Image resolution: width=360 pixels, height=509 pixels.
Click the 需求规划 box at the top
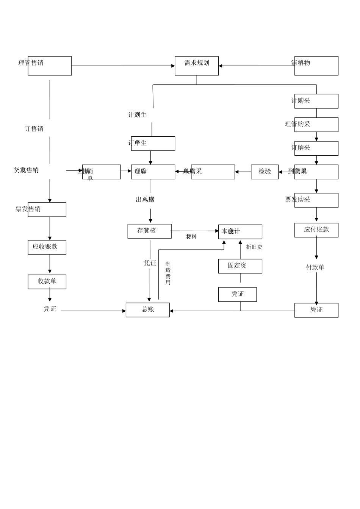[196, 66]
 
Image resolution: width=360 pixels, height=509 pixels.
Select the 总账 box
[147, 310]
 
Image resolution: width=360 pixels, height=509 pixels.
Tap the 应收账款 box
[47, 247]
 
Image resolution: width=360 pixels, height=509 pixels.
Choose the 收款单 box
[47, 282]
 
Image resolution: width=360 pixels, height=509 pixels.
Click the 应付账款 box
[316, 230]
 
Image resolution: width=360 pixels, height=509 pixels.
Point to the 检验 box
[265, 172]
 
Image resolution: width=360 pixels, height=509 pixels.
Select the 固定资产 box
[240, 266]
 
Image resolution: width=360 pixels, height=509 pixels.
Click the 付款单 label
[315, 267]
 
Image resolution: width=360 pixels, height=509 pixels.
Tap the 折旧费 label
[254, 247]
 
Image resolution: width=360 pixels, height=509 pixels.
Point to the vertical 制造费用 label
[168, 273]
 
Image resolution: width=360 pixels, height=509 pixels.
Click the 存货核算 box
[149, 231]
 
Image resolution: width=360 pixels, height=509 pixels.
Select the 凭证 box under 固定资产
[237, 294]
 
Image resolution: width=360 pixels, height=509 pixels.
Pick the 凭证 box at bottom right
[316, 310]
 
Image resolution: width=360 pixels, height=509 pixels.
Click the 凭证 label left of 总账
[50, 309]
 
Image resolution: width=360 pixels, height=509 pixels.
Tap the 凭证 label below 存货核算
[150, 263]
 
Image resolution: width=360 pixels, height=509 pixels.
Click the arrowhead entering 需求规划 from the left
[173, 66]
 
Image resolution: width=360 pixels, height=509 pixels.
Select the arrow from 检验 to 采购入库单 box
[243, 172]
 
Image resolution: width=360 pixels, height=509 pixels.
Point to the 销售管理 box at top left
[50, 66]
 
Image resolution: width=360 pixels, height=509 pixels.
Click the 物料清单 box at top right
[316, 66]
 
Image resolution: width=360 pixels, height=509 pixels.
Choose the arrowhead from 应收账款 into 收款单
[50, 271]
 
